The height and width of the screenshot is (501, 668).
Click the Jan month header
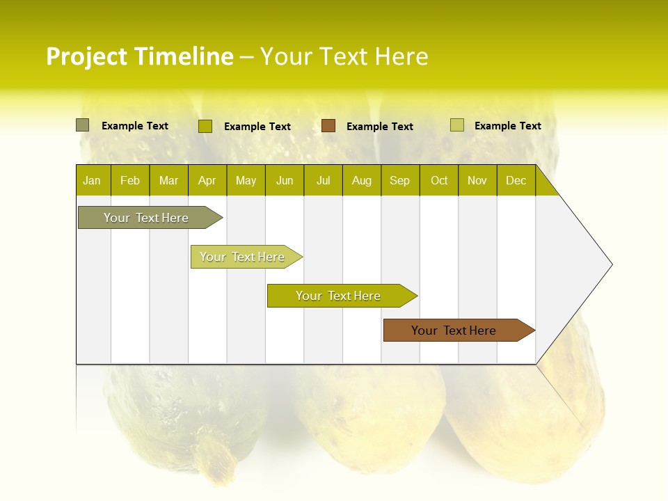click(92, 181)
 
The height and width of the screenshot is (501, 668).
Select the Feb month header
click(130, 181)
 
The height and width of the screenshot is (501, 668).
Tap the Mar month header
click(168, 181)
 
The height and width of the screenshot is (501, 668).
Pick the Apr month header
click(207, 181)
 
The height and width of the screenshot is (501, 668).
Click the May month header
click(246, 181)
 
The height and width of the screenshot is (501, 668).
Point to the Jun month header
click(285, 181)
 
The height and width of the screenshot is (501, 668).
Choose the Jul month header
click(323, 181)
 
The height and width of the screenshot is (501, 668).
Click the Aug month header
click(362, 181)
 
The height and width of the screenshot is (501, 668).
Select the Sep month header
click(400, 181)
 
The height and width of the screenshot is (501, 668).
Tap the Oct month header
click(439, 181)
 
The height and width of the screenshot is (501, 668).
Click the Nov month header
click(477, 181)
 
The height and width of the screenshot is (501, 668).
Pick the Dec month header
click(516, 181)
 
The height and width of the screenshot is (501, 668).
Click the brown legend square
click(328, 126)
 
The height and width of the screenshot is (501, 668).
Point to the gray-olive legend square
click(83, 125)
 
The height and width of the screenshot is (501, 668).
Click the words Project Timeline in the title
click(140, 56)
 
